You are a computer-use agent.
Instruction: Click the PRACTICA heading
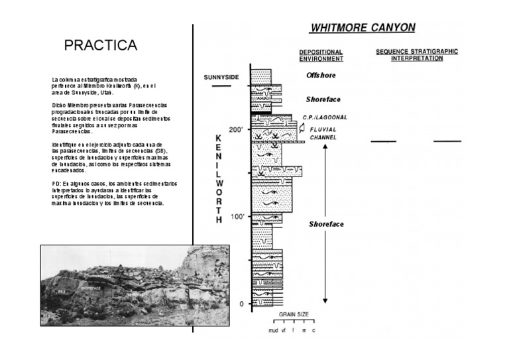pyautogui.click(x=100, y=45)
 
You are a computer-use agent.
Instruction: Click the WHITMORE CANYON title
pyautogui.click(x=363, y=27)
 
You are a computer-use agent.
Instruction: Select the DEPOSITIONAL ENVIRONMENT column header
pyautogui.click(x=321, y=54)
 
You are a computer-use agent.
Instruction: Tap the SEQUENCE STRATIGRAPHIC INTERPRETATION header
pyautogui.click(x=417, y=54)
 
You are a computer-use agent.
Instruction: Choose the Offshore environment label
pyautogui.click(x=321, y=76)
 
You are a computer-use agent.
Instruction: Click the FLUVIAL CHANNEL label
pyautogui.click(x=323, y=133)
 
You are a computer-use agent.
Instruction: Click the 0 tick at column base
pyautogui.click(x=241, y=304)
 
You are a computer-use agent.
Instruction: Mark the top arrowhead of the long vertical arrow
pyautogui.click(x=325, y=145)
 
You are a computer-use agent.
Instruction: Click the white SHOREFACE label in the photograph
pyautogui.click(x=92, y=289)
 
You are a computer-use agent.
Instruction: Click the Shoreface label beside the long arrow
pyautogui.click(x=326, y=224)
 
